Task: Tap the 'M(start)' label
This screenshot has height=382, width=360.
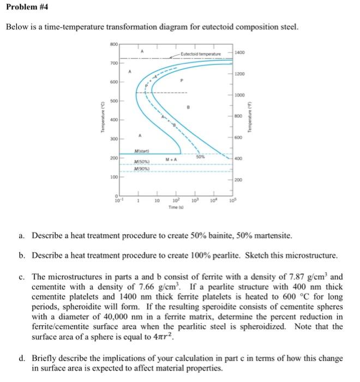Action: coord(143,150)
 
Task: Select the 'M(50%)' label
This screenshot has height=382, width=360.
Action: coord(142,163)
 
